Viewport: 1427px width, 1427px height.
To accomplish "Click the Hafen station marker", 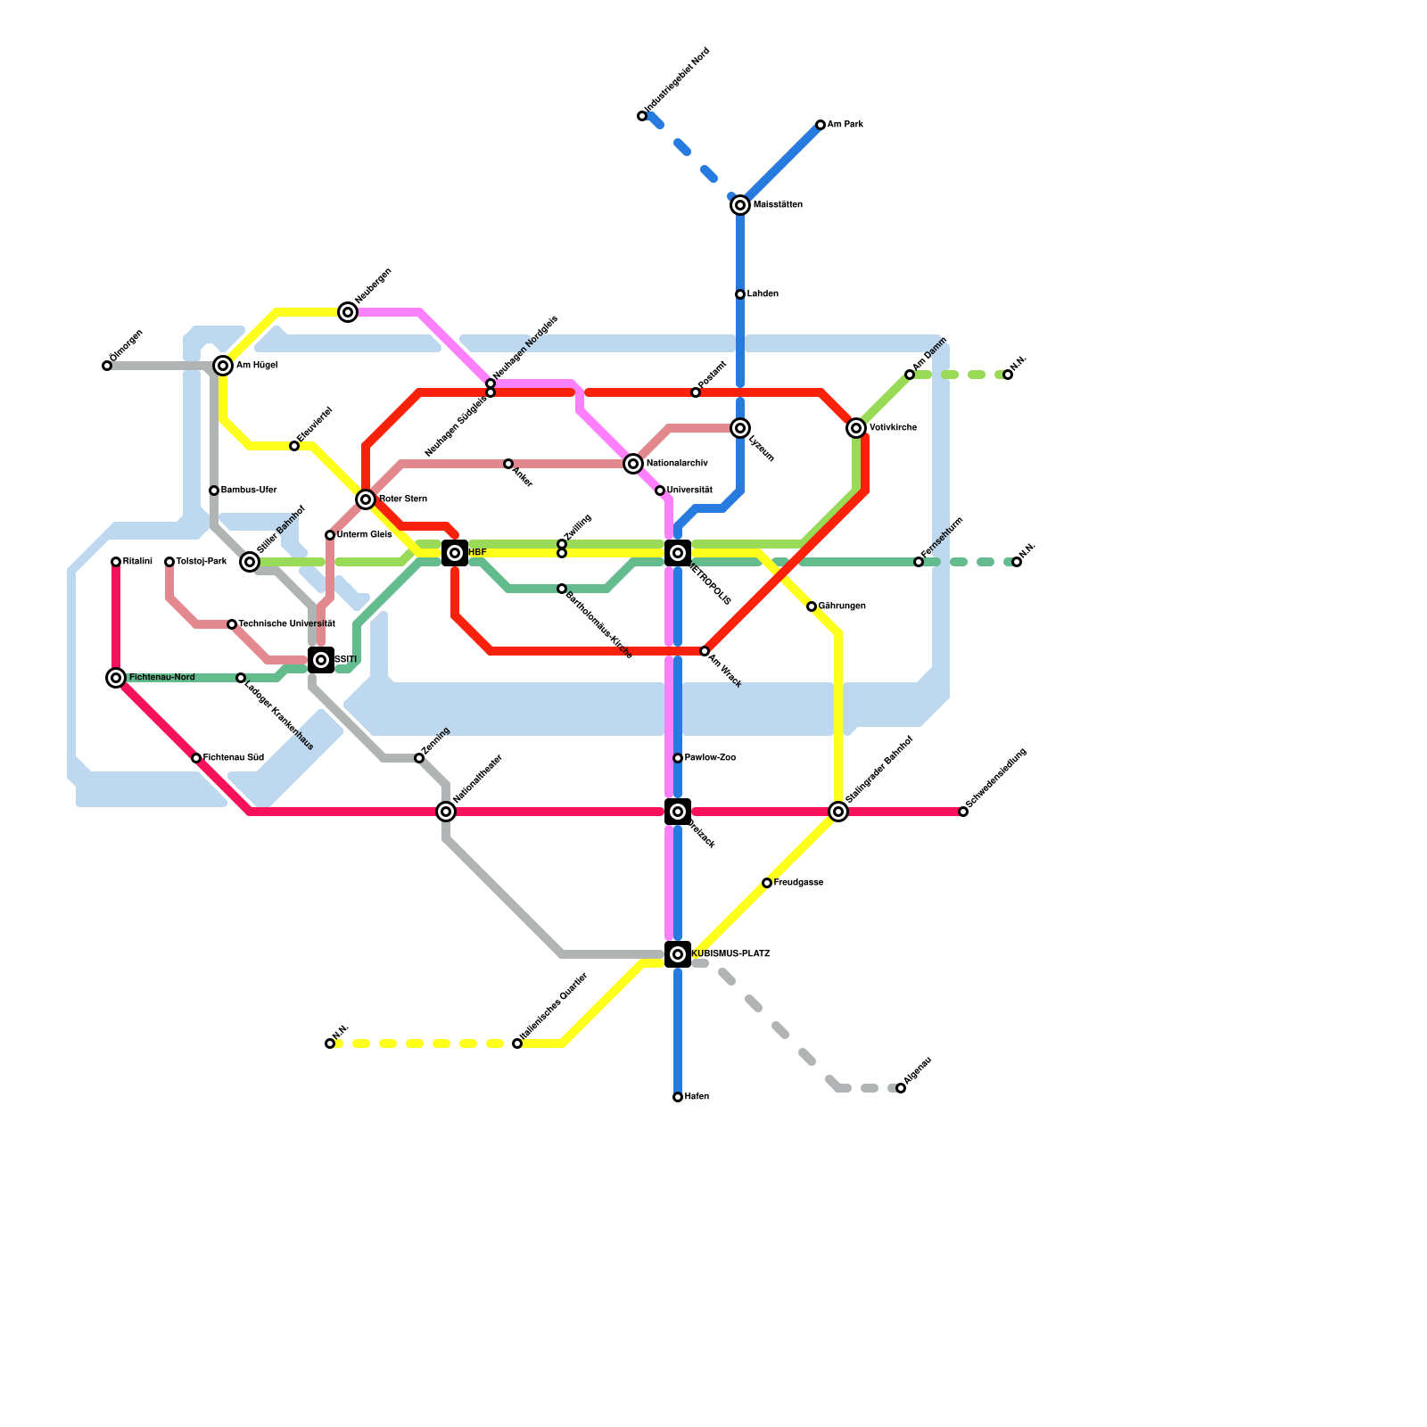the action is [678, 1097].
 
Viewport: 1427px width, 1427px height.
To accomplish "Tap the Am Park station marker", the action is [821, 125].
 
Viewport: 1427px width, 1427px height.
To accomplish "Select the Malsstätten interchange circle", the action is [740, 205].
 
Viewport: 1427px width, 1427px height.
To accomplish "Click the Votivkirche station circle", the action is [856, 428].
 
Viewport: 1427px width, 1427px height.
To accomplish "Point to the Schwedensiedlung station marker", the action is [963, 812].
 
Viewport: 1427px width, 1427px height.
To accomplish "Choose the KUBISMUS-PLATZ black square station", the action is [678, 954].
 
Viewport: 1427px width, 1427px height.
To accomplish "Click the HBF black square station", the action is [455, 553].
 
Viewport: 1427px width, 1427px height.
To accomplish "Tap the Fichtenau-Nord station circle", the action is [116, 678].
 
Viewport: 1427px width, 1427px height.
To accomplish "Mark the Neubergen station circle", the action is [348, 312].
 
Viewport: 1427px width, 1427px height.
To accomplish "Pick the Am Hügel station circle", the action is [223, 366].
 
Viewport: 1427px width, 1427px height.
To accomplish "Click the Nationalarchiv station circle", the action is [633, 464].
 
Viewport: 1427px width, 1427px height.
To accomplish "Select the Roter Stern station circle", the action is [366, 499].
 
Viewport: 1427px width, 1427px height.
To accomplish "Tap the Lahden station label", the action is [763, 294].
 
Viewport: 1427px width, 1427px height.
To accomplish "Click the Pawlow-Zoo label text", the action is [710, 758].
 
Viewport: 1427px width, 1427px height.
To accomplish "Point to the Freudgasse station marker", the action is [767, 883].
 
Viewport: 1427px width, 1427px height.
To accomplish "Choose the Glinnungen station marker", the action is [812, 606].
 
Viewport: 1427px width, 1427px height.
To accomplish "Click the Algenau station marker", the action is [901, 1088].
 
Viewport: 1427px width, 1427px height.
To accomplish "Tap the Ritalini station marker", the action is [116, 562].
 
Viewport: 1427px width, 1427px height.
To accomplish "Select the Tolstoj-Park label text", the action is [202, 562].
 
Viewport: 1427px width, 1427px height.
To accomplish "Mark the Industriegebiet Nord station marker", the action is [642, 116].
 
